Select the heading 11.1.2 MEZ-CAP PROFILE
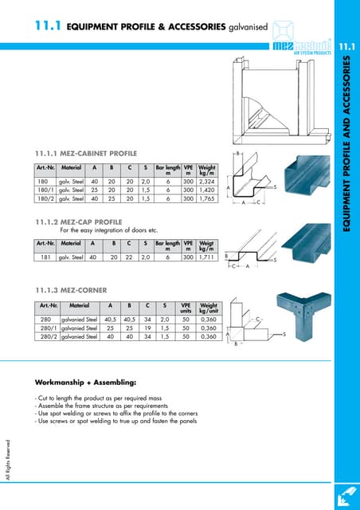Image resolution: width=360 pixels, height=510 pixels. click(x=79, y=221)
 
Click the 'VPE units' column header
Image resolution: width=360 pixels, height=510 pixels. click(x=186, y=307)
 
